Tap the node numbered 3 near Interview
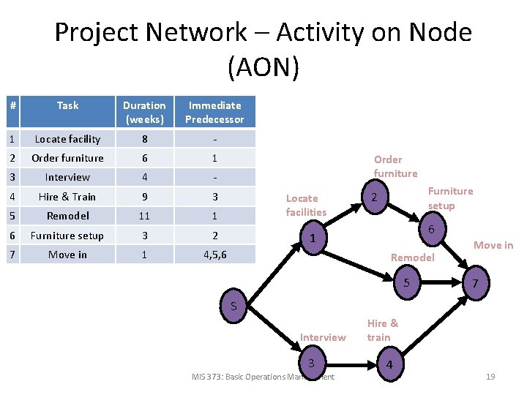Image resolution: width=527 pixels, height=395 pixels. point(311,364)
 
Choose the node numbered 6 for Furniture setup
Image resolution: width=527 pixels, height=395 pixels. point(432,230)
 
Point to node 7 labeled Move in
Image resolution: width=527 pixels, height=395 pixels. point(476,283)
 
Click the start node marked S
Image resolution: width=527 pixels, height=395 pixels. point(233,306)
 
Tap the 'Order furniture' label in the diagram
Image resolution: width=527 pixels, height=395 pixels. point(395,166)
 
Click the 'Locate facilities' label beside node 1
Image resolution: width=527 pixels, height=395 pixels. point(306,205)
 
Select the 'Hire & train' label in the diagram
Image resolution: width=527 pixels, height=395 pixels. point(383,330)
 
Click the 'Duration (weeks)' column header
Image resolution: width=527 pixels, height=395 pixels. point(144,112)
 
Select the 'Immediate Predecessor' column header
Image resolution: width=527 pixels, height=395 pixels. point(214,112)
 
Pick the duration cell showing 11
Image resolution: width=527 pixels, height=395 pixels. point(144,216)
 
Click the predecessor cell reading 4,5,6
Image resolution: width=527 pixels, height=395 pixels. point(214,255)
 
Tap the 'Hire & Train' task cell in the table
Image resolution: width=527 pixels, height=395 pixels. point(67,197)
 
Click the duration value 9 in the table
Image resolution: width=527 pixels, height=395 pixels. point(144,197)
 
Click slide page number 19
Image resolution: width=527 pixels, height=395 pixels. point(490,377)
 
